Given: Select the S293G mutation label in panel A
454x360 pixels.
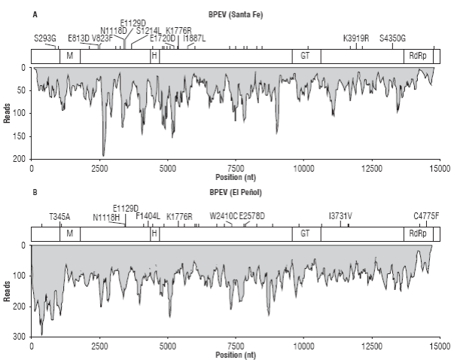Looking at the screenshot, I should (x=44, y=38).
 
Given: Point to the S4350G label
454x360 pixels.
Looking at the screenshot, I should (x=392, y=38).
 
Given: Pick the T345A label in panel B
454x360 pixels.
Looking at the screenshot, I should (x=59, y=216).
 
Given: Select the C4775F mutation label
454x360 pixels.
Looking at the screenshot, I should (x=427, y=216).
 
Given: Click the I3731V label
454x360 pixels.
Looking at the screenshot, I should (x=340, y=216).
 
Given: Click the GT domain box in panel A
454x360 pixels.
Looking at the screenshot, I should (x=305, y=56).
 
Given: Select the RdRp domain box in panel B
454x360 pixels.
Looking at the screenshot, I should (x=416, y=234).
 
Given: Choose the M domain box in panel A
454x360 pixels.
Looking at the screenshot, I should (x=69, y=56).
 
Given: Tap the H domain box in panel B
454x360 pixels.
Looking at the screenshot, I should (x=154, y=234).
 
